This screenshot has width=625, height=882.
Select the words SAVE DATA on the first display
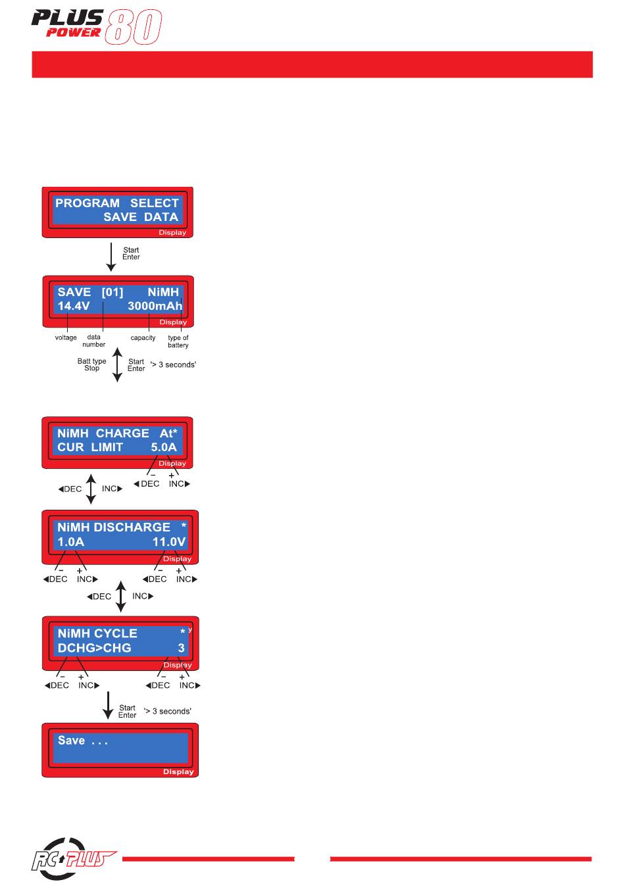pos(141,217)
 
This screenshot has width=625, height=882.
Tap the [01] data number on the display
pos(113,292)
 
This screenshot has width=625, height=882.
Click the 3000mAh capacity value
pos(155,306)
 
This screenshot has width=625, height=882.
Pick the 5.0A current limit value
pos(163,447)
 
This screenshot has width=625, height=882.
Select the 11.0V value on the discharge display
pos(169,542)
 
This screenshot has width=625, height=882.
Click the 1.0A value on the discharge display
pos(71,542)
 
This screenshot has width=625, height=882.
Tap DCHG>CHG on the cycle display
pos(94,648)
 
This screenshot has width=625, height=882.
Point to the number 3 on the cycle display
pos(181,648)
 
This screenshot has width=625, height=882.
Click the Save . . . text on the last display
pos(83,741)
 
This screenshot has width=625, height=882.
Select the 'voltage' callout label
pos(66,338)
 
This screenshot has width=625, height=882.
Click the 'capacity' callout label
pos(143,338)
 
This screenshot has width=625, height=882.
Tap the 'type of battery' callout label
pos(178,341)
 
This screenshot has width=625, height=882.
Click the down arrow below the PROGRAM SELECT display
pos(111,257)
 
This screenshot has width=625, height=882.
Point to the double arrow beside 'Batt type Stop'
pos(117,365)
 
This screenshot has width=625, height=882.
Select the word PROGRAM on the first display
pos(87,203)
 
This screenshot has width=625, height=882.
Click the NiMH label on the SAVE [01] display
pos(163,292)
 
